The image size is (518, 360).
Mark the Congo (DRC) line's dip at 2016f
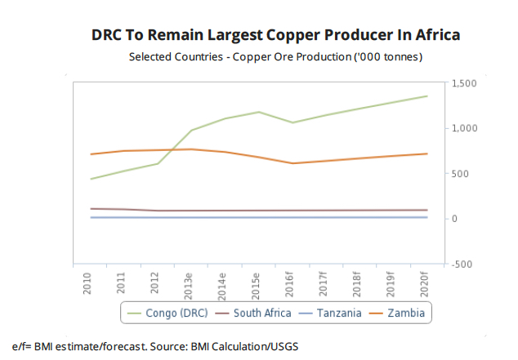pyautogui.click(x=292, y=122)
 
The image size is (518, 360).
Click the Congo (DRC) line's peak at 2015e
pyautogui.click(x=258, y=112)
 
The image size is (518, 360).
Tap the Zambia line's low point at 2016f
pyautogui.click(x=292, y=163)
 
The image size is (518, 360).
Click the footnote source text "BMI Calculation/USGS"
pyautogui.click(x=244, y=346)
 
